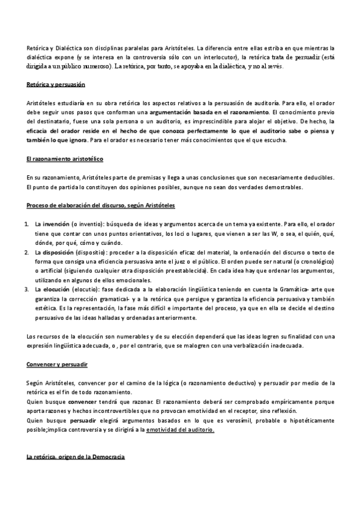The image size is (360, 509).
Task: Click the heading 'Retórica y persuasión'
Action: (56, 86)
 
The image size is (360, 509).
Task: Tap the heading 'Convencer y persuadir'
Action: (58, 364)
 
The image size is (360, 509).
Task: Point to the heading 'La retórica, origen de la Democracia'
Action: (76, 457)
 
